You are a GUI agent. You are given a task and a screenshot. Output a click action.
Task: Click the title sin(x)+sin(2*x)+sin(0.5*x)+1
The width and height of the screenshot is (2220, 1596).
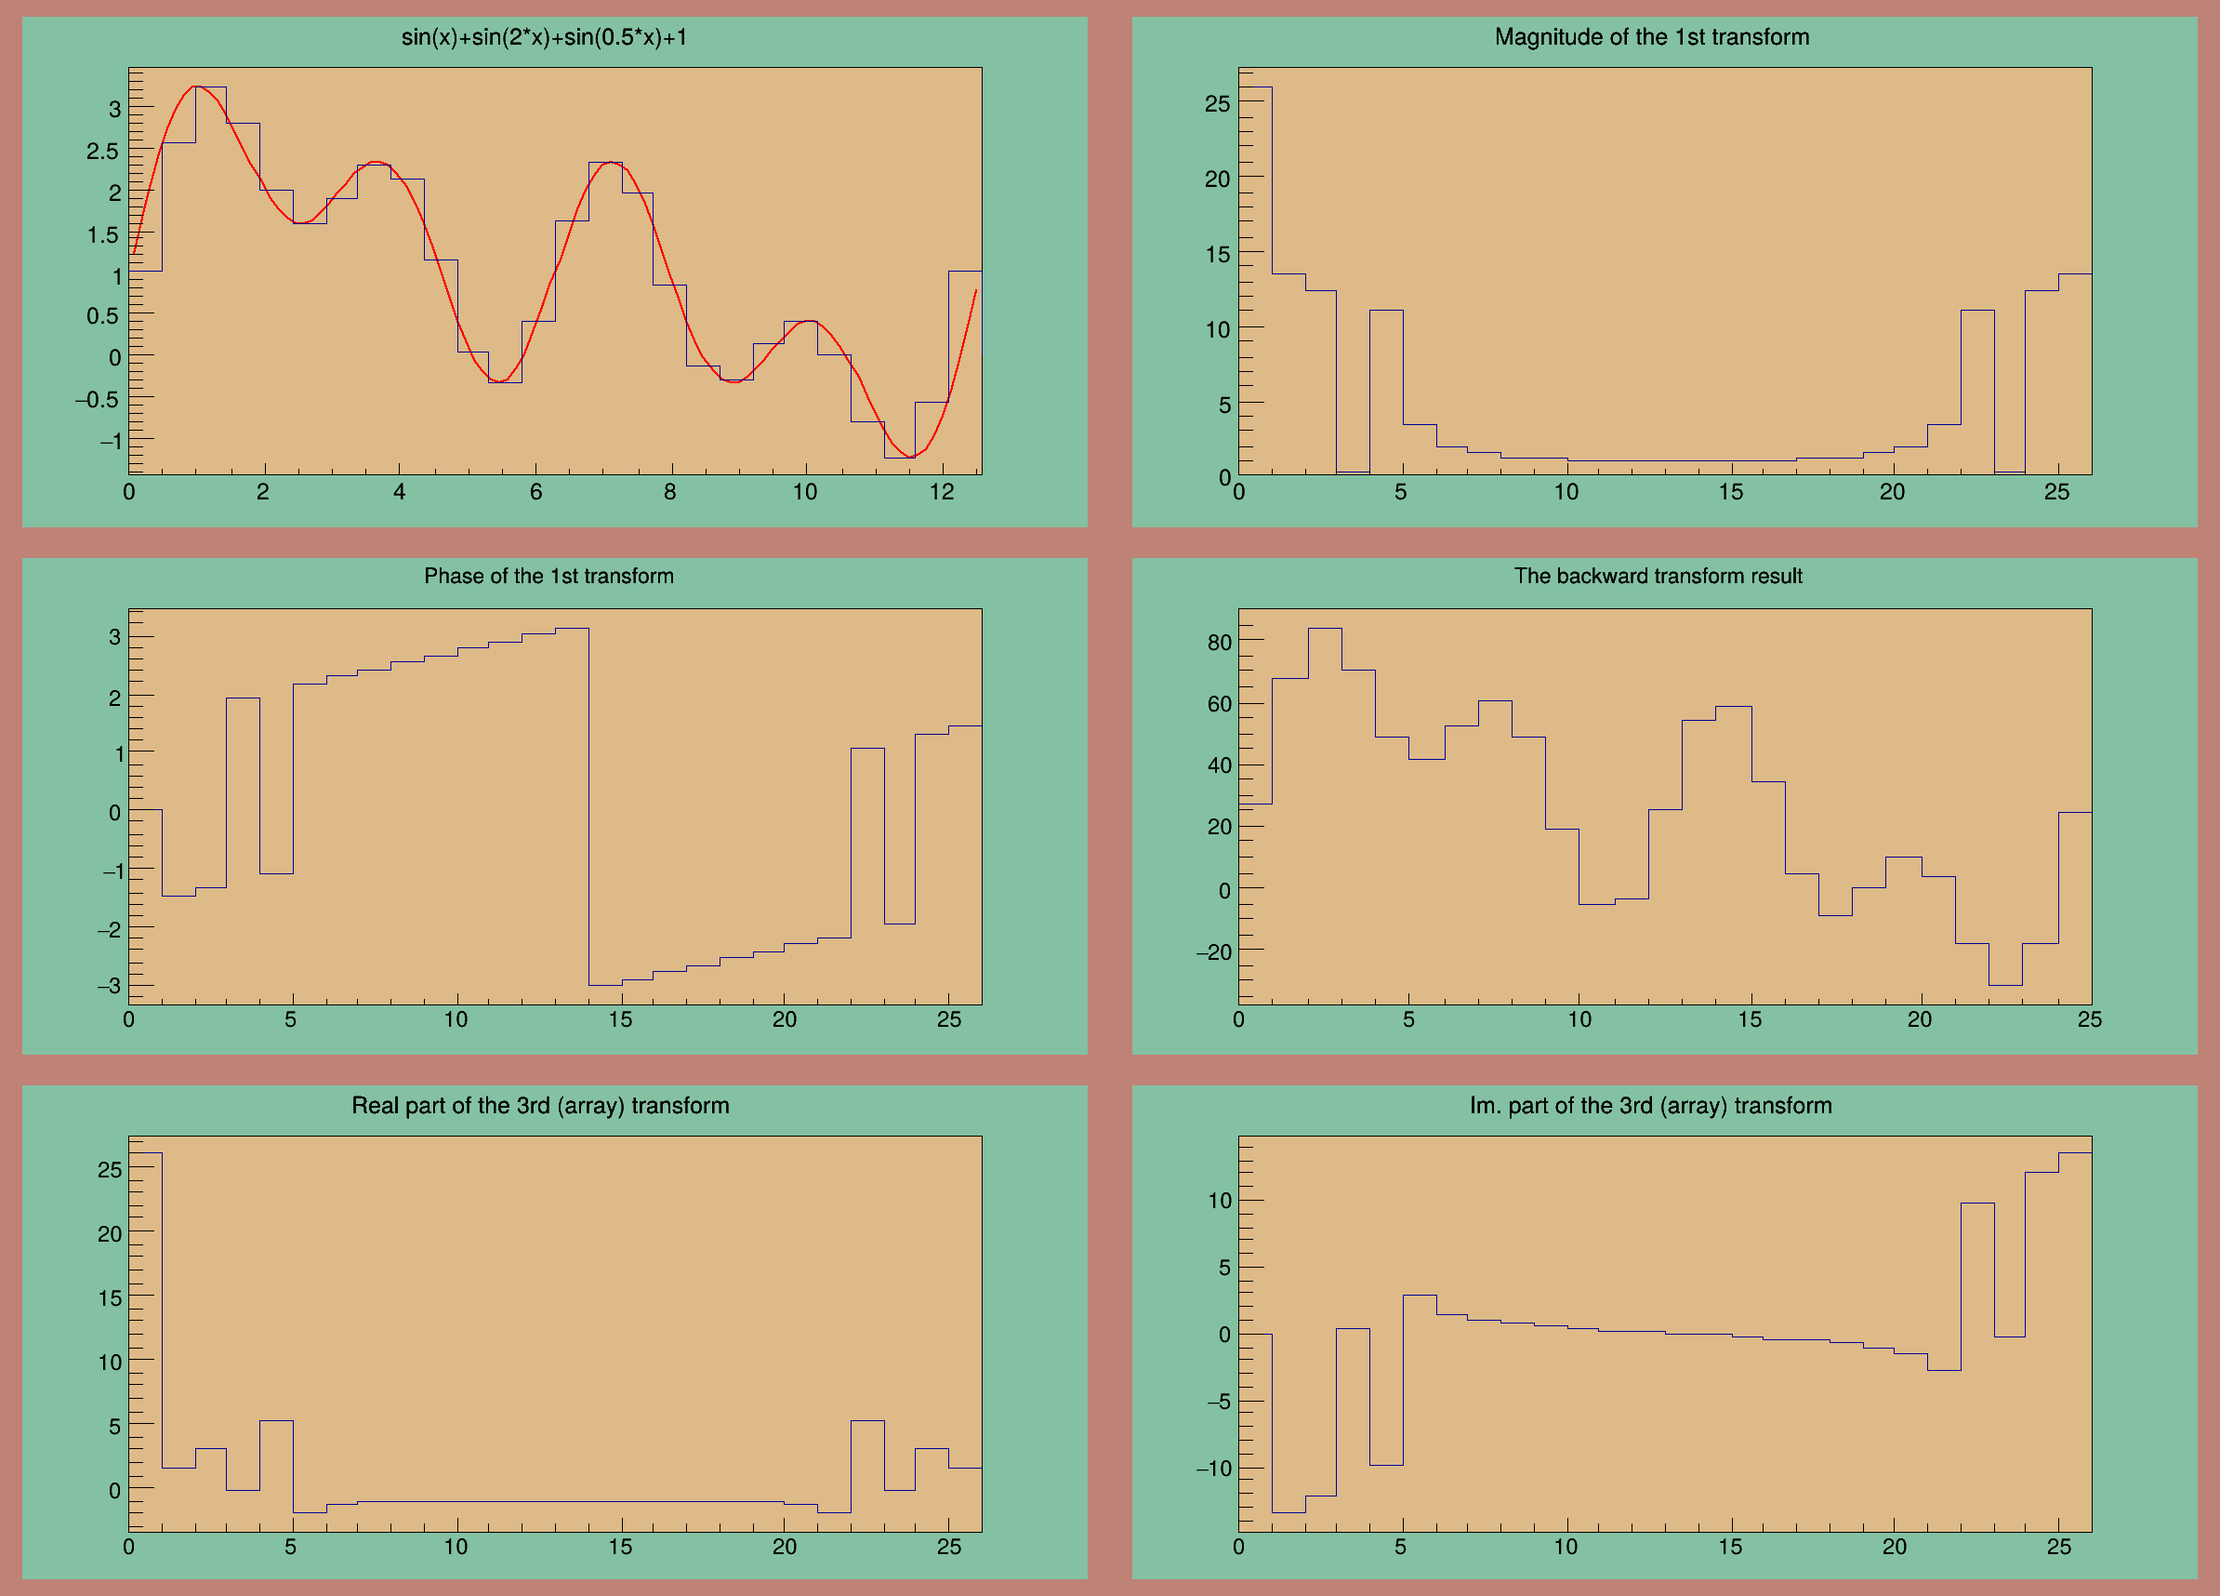tap(543, 37)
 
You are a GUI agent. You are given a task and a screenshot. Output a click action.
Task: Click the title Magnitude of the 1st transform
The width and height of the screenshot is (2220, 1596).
tap(1651, 37)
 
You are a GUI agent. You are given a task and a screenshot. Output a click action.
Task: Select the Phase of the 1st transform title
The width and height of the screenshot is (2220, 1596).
tap(548, 576)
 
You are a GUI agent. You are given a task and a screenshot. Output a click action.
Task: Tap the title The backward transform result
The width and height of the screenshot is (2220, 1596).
tap(1658, 576)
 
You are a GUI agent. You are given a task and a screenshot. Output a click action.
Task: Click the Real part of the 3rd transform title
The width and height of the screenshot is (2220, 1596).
tap(540, 1106)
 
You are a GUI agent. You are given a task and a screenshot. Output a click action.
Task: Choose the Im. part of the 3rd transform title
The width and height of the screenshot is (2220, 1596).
tap(1650, 1106)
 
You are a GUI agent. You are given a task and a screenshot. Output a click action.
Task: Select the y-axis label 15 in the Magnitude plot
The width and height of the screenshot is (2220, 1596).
tap(1217, 255)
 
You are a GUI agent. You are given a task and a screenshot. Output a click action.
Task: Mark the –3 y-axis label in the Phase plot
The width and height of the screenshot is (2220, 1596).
tap(109, 986)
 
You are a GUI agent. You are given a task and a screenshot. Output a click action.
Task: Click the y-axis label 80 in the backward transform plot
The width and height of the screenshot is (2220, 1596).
tap(1219, 643)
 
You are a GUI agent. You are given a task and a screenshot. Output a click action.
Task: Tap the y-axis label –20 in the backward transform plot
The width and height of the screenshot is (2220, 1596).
tap(1214, 951)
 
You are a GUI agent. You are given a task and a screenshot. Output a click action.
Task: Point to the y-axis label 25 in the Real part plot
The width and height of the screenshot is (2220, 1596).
tap(110, 1169)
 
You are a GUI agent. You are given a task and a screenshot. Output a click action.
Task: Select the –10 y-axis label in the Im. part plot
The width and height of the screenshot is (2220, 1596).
tap(1213, 1468)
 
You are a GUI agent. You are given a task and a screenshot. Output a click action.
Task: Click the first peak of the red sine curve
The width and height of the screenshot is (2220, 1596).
tap(199, 87)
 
